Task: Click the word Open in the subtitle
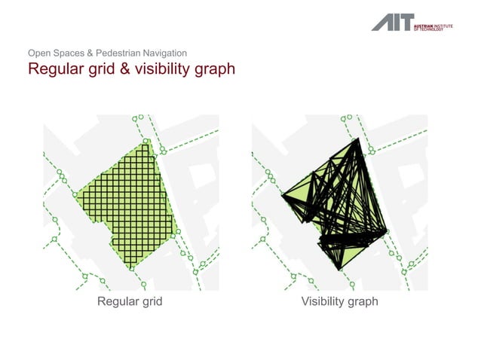tap(40, 53)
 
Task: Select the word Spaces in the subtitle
tap(74, 53)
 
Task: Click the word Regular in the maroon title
tap(54, 70)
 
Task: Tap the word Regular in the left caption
tap(119, 302)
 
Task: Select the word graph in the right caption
tap(363, 303)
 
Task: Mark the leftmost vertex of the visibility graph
tap(283, 197)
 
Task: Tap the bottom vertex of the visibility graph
tap(340, 269)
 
